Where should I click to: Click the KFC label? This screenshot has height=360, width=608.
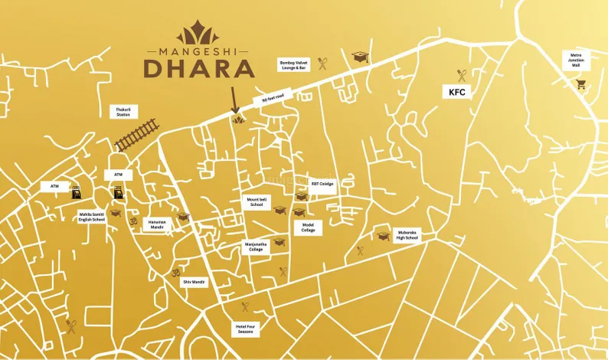tap(457, 92)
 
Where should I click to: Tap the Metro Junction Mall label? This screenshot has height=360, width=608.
tap(576, 61)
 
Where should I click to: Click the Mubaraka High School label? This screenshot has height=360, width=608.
tap(407, 234)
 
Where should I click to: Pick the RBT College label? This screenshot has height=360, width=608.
tap(321, 184)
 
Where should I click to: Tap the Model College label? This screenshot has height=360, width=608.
tap(308, 228)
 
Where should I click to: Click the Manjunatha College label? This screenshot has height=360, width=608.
tap(255, 247)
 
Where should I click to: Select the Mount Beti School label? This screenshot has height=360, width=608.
tap(256, 202)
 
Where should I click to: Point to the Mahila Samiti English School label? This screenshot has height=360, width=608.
tap(91, 217)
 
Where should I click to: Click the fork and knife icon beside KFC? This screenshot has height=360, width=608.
tap(462, 75)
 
